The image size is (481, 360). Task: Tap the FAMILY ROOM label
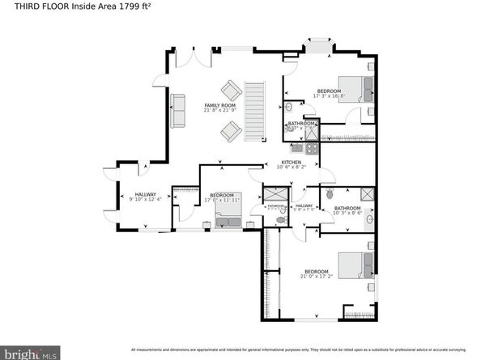(219, 106)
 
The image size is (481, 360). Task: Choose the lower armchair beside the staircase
(231, 129)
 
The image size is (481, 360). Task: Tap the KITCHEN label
(291, 162)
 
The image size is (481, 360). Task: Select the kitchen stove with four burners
(296, 148)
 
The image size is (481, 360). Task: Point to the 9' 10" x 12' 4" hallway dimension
(146, 199)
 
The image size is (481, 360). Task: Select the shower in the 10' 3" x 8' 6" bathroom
(365, 195)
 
